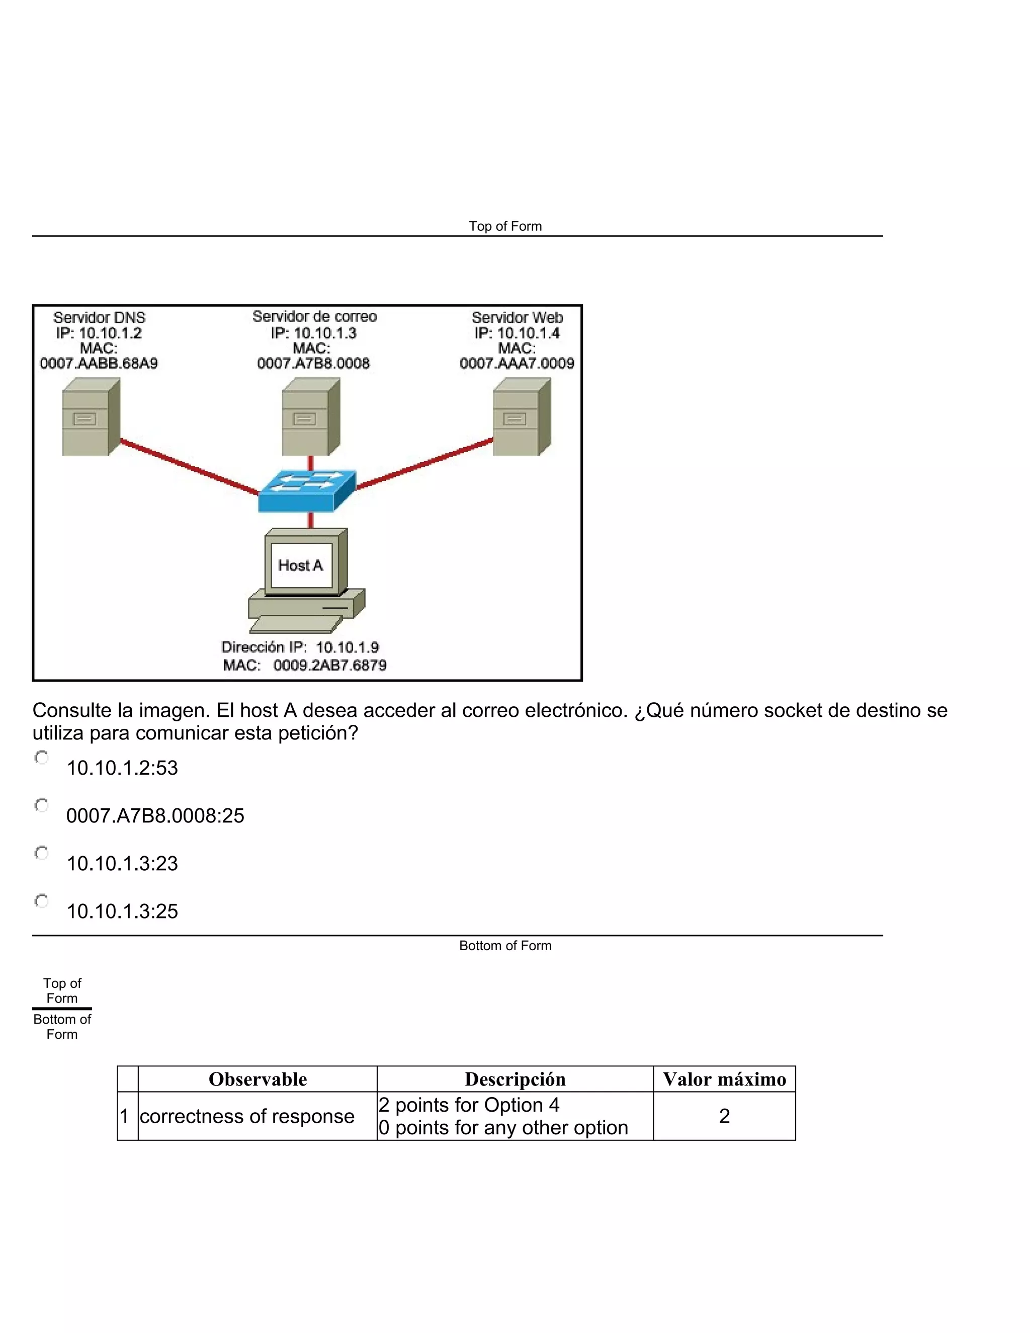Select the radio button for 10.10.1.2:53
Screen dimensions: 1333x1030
point(42,758)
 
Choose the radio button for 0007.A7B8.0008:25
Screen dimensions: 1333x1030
point(42,806)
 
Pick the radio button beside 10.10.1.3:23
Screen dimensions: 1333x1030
point(42,853)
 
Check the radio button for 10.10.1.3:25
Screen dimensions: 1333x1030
point(42,901)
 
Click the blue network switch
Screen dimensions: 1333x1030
point(307,491)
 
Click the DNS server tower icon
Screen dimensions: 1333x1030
point(91,418)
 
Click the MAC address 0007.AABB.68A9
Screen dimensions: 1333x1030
point(99,364)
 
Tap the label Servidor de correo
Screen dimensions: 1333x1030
point(314,317)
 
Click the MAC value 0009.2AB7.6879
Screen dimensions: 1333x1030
point(329,665)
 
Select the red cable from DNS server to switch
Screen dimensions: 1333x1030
point(189,466)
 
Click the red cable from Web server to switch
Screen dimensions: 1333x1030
point(424,464)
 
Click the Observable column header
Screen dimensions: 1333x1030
point(257,1079)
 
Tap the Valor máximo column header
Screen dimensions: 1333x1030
point(724,1079)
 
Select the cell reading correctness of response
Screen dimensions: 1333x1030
point(247,1116)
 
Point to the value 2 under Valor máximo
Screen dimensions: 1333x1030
point(724,1116)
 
